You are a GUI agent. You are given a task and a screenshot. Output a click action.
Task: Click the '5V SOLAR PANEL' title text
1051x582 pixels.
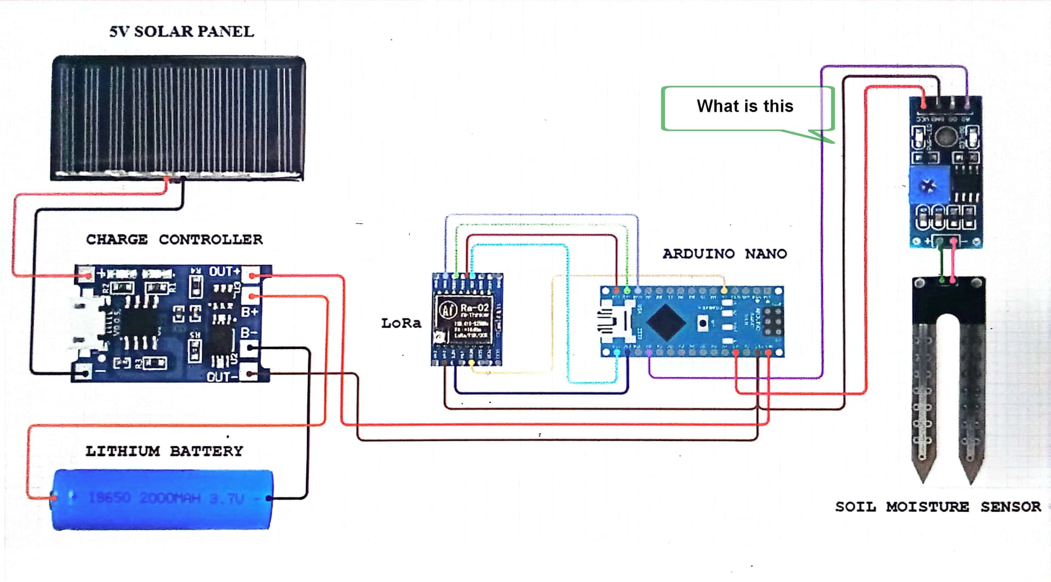(181, 32)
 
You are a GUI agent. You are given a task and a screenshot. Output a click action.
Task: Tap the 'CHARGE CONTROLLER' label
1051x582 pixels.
(174, 239)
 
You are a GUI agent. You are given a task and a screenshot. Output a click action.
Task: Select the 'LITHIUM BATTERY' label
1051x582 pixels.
(164, 451)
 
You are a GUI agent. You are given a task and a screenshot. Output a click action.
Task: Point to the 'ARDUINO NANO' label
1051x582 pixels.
(725, 253)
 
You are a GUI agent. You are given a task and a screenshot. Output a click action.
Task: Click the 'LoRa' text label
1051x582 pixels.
(401, 323)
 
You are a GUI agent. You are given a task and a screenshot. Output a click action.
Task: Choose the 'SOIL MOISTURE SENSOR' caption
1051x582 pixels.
(938, 507)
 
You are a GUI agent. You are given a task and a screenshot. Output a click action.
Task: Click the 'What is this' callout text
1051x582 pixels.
(744, 106)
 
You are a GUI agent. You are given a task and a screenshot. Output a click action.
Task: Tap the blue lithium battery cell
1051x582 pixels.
(163, 499)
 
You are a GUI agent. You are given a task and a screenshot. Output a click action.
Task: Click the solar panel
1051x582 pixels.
(178, 118)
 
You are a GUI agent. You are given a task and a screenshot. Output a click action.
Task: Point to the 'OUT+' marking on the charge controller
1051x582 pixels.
(224, 272)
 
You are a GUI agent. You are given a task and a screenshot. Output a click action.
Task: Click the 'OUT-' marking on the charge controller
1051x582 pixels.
(222, 377)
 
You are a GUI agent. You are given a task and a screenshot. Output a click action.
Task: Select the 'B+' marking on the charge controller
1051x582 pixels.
(250, 312)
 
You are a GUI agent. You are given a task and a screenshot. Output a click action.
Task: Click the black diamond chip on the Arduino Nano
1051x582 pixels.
(666, 322)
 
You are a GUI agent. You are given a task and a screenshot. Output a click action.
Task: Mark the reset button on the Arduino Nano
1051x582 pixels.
(703, 322)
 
